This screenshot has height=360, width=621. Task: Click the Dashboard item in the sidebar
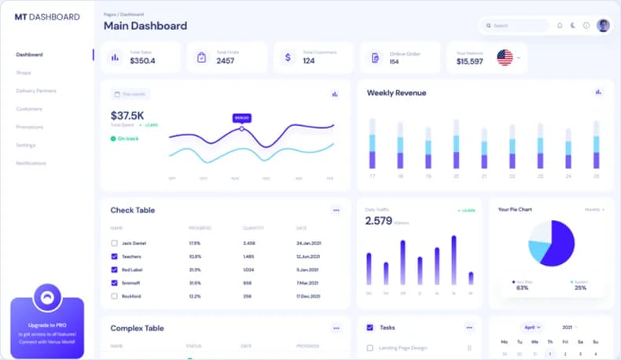30,54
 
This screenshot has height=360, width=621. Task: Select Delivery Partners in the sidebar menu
36,90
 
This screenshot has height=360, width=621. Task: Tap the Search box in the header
515,26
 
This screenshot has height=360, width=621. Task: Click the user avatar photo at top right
603,25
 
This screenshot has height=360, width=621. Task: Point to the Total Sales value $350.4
142,61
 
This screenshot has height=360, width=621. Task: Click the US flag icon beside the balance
505,57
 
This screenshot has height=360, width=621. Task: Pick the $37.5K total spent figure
128,115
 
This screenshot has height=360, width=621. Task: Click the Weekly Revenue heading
396,93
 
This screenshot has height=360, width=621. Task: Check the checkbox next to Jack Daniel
115,243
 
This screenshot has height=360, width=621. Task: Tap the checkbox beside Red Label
115,270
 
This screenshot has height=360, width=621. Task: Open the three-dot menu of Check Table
336,211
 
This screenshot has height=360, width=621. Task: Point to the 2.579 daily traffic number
378,221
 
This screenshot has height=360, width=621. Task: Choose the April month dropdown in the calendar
532,327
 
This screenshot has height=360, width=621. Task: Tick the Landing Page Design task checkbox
370,347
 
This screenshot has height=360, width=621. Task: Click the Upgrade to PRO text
47,325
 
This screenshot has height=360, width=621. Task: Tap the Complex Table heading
137,328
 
